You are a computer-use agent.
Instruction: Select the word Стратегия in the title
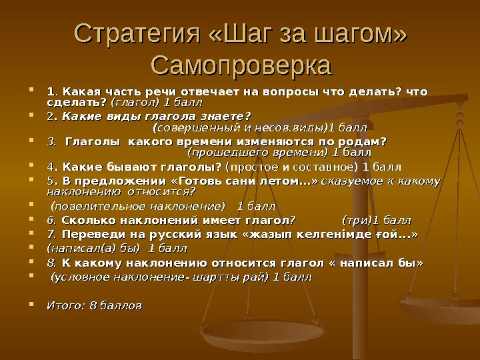point(129,32)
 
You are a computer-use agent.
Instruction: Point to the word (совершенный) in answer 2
point(193,126)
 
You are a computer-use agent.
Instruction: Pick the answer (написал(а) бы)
point(93,249)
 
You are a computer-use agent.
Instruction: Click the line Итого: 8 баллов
point(93,305)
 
